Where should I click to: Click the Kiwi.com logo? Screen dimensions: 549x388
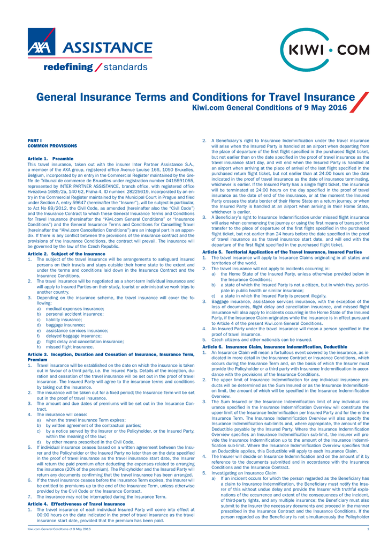point(325,50)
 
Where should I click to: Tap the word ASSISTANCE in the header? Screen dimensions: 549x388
point(108,47)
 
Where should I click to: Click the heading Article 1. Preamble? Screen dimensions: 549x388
point(50,159)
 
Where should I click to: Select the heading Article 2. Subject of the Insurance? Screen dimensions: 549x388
point(66,253)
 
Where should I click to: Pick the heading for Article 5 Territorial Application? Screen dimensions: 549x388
point(282,251)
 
